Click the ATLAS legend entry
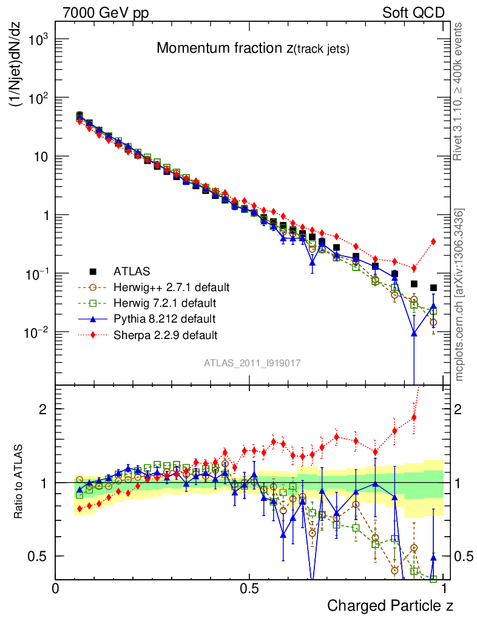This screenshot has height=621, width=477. (132, 271)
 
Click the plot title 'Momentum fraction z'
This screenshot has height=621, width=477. (252, 49)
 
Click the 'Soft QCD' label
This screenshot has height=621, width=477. (413, 13)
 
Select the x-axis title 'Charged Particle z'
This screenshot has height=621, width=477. (390, 605)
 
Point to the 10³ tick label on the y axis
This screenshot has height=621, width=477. (36, 39)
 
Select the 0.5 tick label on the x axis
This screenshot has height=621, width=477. (249, 588)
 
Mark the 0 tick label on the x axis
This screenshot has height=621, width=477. (56, 588)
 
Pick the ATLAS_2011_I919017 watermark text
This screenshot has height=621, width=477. (252, 363)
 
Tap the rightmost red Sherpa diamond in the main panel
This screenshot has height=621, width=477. (433, 241)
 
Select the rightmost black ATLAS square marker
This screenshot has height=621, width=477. (433, 288)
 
